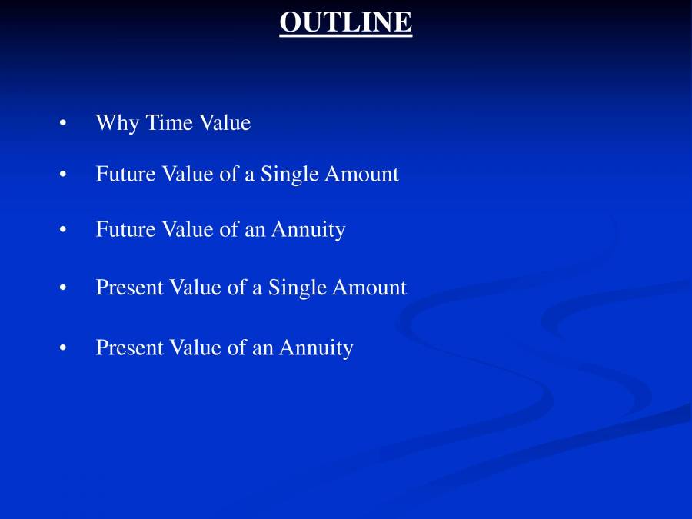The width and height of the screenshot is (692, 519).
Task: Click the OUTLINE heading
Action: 345,22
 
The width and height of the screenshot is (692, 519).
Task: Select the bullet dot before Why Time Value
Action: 62,124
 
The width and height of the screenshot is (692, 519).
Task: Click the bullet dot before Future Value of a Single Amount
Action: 62,175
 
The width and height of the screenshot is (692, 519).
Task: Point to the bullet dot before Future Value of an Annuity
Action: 62,231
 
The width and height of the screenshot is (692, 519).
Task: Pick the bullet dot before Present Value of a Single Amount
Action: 62,288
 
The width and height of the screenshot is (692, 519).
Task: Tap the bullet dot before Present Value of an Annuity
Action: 62,348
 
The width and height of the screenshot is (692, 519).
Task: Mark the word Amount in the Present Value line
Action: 369,288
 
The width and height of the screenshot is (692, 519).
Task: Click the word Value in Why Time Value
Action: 226,123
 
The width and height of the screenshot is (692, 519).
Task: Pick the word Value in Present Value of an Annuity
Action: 195,348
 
